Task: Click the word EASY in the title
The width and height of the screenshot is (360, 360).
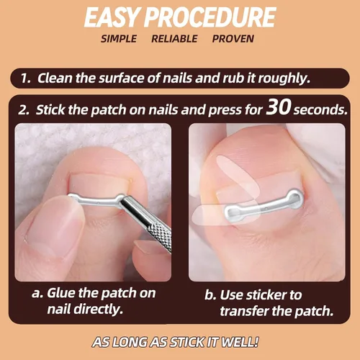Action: (x=112, y=17)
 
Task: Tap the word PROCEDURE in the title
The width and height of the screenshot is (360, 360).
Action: (x=210, y=17)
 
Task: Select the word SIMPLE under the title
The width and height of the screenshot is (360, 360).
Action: (x=119, y=39)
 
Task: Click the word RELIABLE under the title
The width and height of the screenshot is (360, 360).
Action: (x=174, y=39)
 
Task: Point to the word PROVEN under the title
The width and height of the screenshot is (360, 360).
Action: (x=233, y=39)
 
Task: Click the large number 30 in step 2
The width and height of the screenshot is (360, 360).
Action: (x=279, y=107)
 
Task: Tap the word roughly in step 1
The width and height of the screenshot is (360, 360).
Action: (x=284, y=78)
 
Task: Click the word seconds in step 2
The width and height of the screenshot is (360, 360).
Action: (x=320, y=110)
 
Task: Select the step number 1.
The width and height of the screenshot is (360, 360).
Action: (x=25, y=78)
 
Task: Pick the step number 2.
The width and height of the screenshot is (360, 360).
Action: (x=24, y=110)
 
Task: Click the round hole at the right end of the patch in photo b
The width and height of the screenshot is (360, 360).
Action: (x=293, y=197)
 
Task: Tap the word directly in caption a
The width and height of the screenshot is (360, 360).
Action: (x=98, y=309)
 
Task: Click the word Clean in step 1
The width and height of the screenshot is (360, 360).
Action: (x=55, y=78)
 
